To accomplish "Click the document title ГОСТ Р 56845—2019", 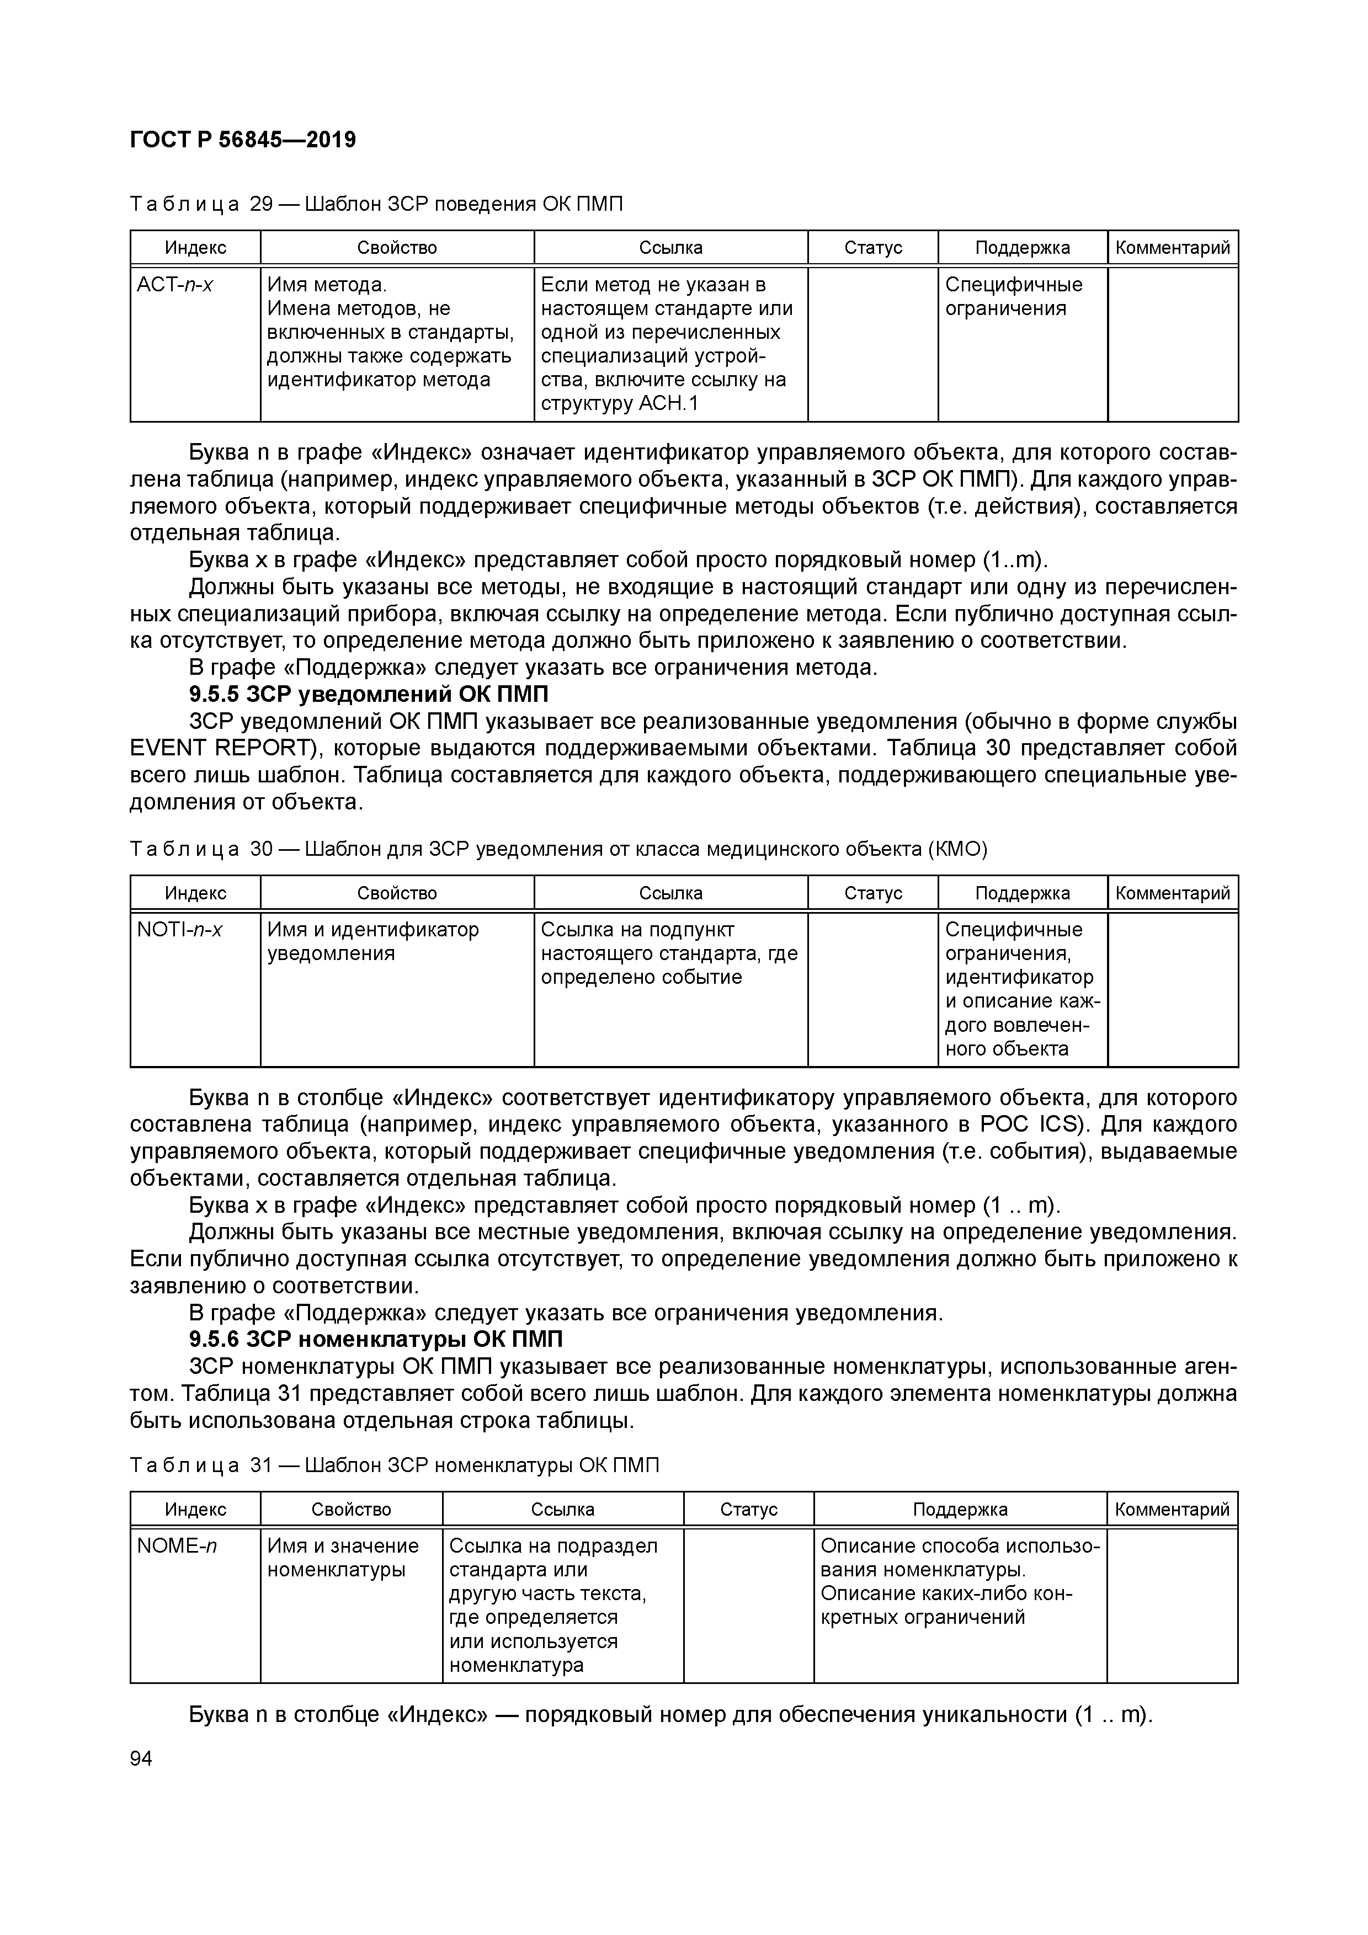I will (x=243, y=140).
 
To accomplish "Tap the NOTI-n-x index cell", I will (x=179, y=930).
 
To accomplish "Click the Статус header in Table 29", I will (x=872, y=248).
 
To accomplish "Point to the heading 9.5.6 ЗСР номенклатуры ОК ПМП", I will (x=376, y=1339).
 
